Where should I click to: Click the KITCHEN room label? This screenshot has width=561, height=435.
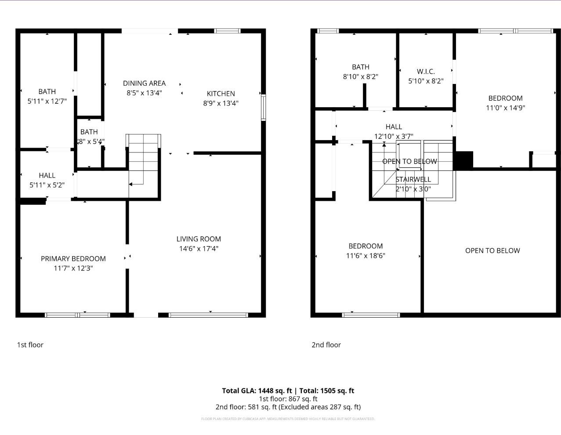coord(221,94)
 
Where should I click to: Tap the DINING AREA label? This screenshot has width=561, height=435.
coord(144,83)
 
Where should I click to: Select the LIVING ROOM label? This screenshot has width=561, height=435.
coord(199,239)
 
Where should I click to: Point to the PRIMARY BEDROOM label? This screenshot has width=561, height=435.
coord(73,259)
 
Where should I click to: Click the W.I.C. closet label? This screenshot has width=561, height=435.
coord(426,71)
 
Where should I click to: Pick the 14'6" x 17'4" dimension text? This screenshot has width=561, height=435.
coord(199,249)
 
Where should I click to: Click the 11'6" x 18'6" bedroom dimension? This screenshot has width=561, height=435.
coord(366,256)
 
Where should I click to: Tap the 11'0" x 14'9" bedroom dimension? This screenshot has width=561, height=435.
coord(505,108)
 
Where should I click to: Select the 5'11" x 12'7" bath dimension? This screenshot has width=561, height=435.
coord(47,101)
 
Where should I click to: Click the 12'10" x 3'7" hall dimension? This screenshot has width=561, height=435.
coord(394,136)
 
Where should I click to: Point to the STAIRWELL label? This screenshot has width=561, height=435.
coord(413,179)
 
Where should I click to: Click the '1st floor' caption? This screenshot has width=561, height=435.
coord(30,345)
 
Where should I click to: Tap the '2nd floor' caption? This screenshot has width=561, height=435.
coord(326,345)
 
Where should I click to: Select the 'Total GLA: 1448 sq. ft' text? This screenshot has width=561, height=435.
coord(257,391)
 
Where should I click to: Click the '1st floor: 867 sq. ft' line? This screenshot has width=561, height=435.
coord(288,399)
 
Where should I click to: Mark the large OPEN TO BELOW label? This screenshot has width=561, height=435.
coord(492,250)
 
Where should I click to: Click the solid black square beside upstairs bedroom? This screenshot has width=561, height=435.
coord(463,160)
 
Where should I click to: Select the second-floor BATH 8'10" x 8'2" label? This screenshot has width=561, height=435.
coord(360,72)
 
